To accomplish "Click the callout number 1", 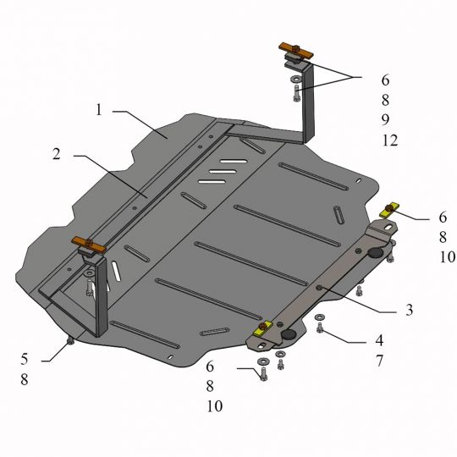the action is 99,110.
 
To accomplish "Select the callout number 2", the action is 57,154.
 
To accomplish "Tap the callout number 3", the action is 410,310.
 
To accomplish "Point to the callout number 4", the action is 379,340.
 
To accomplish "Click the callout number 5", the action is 25,359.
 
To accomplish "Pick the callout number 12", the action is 390,140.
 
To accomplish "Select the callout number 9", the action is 385,119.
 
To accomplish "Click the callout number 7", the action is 379,361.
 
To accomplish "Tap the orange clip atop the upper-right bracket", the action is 296,50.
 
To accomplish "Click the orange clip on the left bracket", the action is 89,245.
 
